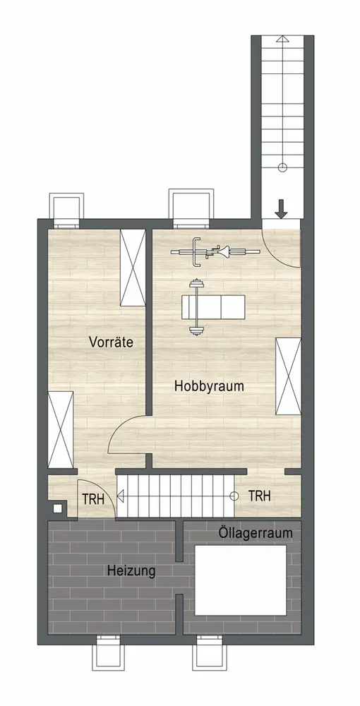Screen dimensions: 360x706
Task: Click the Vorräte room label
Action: coord(111,342)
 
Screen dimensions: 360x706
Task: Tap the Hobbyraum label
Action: coord(209,386)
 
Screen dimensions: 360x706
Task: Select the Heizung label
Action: coord(131,571)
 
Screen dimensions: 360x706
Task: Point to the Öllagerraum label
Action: coord(256,533)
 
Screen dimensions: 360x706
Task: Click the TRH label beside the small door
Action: coord(93,499)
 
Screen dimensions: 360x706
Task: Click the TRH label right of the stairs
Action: coord(260,496)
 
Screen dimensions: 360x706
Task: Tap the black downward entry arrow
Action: coord(281,210)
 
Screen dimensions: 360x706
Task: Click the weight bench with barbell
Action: coord(212,308)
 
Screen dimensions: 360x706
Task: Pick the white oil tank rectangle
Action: coord(241,580)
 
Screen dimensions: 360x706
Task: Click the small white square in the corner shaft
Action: coord(58,508)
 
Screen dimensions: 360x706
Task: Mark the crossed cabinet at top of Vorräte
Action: coord(133,268)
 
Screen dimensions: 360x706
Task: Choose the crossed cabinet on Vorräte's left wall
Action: coord(60,429)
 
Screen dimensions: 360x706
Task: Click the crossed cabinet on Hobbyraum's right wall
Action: coord(288,376)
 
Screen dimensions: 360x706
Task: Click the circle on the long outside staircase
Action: coord(282,168)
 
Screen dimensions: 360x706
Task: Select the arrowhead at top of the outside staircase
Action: coord(282,38)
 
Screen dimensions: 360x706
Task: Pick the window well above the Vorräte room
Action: coord(66,210)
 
